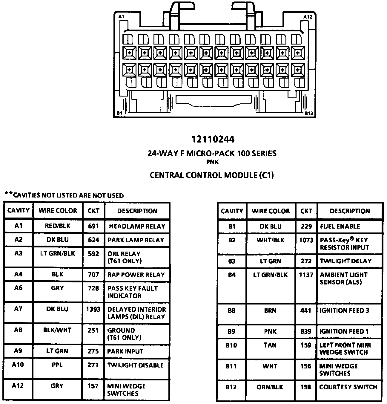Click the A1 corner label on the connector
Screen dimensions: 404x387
coord(121,17)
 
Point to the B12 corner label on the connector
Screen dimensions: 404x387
coord(309,113)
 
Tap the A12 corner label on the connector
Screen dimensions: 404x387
coord(308,17)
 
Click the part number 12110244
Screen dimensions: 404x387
coord(213,139)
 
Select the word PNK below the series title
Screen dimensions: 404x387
coord(212,162)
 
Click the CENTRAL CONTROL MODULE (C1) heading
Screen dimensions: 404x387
coord(211,175)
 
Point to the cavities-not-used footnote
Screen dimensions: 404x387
coord(64,195)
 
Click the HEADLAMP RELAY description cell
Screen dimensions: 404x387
coord(137,226)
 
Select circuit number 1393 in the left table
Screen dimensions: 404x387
coord(93,309)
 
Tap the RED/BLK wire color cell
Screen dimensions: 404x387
coord(58,226)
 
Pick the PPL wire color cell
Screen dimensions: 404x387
coord(57,365)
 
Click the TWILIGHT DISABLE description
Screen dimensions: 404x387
coord(136,365)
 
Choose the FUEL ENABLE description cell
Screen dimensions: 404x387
coord(340,226)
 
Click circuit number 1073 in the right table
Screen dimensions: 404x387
coord(306,240)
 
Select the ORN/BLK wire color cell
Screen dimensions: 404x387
coord(270,387)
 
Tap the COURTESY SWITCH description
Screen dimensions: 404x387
coord(348,387)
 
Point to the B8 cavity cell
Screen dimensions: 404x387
coord(231,310)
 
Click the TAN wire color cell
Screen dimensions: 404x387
coord(270,345)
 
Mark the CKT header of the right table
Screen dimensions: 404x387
coord(306,211)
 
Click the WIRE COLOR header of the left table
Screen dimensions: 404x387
coord(58,210)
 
